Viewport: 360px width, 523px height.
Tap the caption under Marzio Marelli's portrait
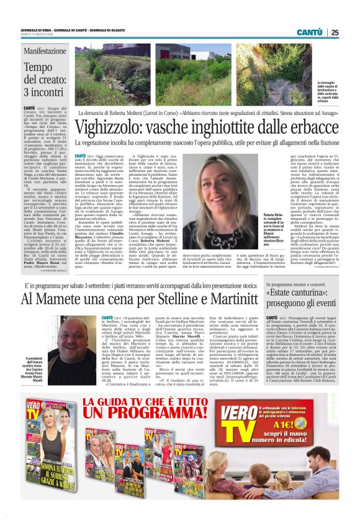tap(36, 370)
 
